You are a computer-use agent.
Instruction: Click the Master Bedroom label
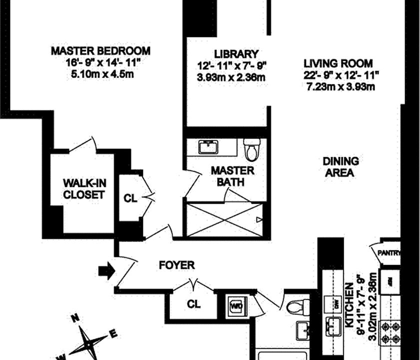[x=101, y=51]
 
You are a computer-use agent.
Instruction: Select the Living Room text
[x=338, y=63]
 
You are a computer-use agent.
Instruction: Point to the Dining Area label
[x=341, y=167]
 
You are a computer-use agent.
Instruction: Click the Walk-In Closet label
[x=84, y=188]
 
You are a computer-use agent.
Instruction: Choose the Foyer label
[x=177, y=265]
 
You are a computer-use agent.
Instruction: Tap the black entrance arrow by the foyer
[x=106, y=271]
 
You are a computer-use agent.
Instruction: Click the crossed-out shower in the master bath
[x=225, y=219]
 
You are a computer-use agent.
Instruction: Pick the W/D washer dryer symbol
[x=236, y=304]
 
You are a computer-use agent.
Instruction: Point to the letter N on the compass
[x=75, y=317]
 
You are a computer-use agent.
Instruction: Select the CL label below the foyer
[x=193, y=303]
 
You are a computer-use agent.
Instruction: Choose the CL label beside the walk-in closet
[x=130, y=198]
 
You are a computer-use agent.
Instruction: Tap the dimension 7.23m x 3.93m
[x=341, y=87]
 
